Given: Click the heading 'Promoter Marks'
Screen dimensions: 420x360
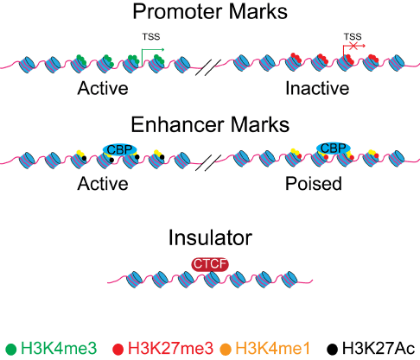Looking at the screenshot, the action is click(210, 11).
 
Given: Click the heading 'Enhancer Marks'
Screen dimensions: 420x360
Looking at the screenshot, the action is click(210, 124).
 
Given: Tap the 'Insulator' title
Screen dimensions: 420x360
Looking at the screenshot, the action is click(210, 237).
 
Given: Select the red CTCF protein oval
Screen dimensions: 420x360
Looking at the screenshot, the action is click(210, 264).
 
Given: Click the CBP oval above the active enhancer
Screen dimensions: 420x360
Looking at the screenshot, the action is click(119, 149).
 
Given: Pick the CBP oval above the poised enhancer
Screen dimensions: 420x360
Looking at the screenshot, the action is click(334, 148).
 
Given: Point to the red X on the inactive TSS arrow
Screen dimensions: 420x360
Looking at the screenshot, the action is click(353, 46).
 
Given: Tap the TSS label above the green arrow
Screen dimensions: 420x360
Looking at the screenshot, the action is click(151, 37).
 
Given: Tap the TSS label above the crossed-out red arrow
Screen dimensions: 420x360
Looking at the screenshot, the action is click(353, 37).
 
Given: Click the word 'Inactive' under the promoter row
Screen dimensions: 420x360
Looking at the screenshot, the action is click(317, 88).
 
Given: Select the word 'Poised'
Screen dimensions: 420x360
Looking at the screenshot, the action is click(314, 184).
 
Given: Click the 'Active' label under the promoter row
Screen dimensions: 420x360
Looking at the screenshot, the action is click(103, 88).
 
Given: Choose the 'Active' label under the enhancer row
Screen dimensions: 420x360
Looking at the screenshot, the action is click(103, 184).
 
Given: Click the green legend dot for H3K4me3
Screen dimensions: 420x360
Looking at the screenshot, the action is click(11, 350).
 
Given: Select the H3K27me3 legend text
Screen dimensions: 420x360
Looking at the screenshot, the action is click(170, 348).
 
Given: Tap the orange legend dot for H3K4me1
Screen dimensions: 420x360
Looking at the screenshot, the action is click(226, 350).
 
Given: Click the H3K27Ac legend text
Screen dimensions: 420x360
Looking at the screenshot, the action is click(379, 348).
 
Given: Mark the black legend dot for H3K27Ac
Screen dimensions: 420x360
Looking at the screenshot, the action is click(333, 350).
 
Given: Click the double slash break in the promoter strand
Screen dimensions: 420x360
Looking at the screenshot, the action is click(208, 67).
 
